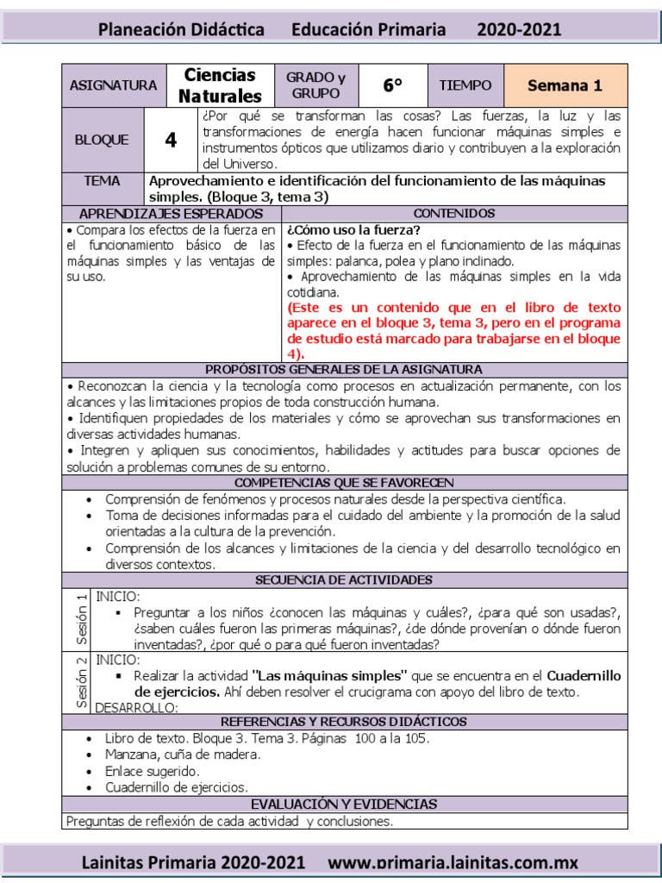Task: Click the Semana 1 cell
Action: pyautogui.click(x=565, y=85)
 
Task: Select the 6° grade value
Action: pyautogui.click(x=392, y=85)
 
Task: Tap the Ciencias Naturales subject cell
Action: pyautogui.click(x=220, y=85)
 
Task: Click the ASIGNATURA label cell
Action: pyautogui.click(x=113, y=85)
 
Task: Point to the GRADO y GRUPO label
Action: pyautogui.click(x=315, y=85)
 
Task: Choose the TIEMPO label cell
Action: pyautogui.click(x=465, y=85)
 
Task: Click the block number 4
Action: pyautogui.click(x=171, y=140)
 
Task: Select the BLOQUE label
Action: pyautogui.click(x=102, y=140)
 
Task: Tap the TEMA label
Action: pyautogui.click(x=102, y=181)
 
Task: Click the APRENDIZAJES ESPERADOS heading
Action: pyautogui.click(x=171, y=213)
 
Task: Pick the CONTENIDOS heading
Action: pyautogui.click(x=454, y=213)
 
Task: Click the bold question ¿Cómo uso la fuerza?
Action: pyautogui.click(x=354, y=229)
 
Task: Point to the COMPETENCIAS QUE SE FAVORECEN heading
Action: pyautogui.click(x=344, y=483)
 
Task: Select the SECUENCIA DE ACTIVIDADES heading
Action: pyautogui.click(x=344, y=580)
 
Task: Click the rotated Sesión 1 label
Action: pyautogui.click(x=80, y=620)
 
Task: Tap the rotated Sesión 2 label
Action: pyautogui.click(x=80, y=682)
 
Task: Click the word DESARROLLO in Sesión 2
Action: pyautogui.click(x=135, y=708)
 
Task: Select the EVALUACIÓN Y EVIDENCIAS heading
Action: pyautogui.click(x=344, y=804)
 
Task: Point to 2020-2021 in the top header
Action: pyautogui.click(x=519, y=29)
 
